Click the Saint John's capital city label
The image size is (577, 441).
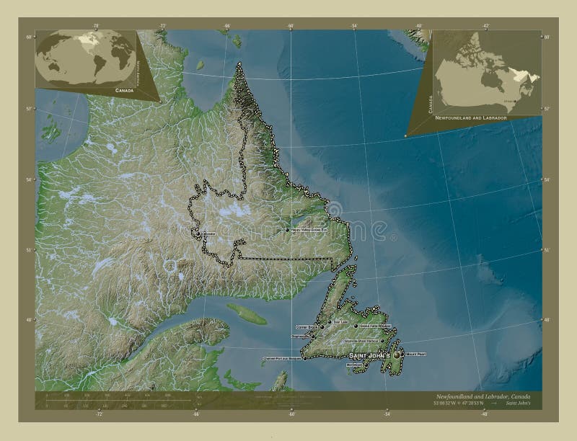369,357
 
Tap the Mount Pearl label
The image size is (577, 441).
416,354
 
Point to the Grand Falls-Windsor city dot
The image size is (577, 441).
356,326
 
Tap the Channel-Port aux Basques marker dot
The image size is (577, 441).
304,357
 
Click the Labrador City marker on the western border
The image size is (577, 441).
198,234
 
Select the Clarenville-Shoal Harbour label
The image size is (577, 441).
361,340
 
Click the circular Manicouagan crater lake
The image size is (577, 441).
171,267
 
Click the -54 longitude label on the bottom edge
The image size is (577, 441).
387,415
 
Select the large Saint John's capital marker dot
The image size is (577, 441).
396,355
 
